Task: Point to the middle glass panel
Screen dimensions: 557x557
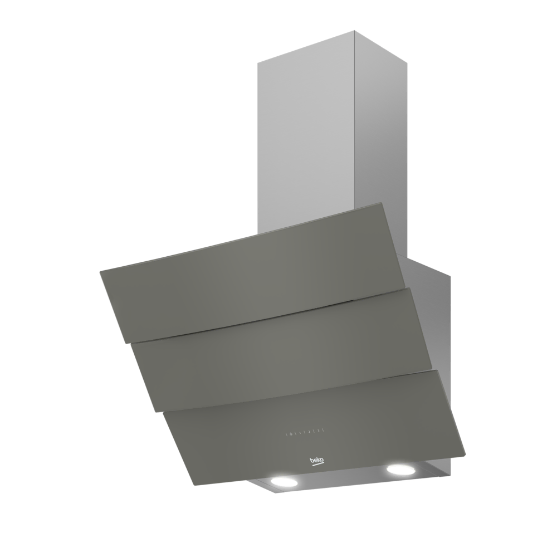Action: pyautogui.click(x=278, y=345)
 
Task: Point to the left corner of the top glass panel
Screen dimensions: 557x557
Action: pyautogui.click(x=100, y=272)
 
